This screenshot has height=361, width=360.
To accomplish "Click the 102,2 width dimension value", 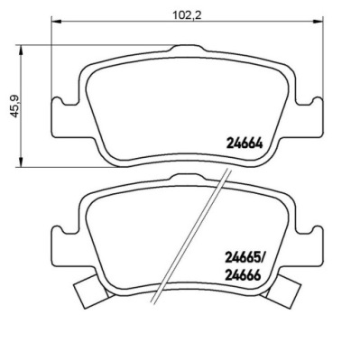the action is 187,14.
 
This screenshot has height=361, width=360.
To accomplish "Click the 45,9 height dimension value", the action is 15,106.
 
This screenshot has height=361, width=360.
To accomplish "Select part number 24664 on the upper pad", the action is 244,143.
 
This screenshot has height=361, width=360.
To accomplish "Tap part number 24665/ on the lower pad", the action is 245,258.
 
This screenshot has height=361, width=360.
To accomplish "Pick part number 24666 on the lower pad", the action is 242,275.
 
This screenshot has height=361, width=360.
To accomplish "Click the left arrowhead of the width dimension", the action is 57,21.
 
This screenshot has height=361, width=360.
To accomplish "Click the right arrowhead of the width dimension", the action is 318,21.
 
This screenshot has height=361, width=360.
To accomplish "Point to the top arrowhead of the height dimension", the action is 21,51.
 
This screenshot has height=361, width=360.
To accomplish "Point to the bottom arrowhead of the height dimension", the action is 21,162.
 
